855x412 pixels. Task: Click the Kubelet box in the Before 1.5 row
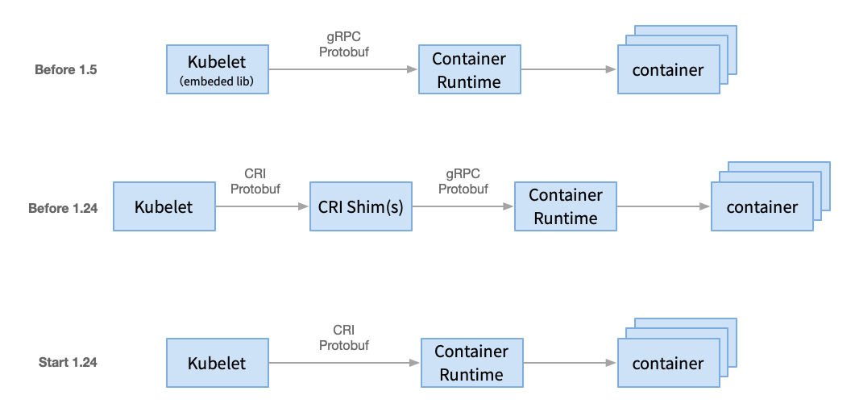pyautogui.click(x=217, y=69)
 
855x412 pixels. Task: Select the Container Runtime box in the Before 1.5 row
pyautogui.click(x=469, y=70)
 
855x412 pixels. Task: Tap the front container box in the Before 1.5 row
pyautogui.click(x=668, y=70)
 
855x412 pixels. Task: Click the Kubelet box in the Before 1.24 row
pyautogui.click(x=164, y=207)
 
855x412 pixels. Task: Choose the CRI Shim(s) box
pyautogui.click(x=360, y=207)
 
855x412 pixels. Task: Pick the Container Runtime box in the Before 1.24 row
pyautogui.click(x=565, y=207)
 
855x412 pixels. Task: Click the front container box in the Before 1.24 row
pyautogui.click(x=762, y=207)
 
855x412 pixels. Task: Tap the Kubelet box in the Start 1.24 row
pyautogui.click(x=217, y=363)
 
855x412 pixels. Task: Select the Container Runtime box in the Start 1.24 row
pyautogui.click(x=471, y=363)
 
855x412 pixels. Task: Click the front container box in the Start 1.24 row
pyautogui.click(x=668, y=363)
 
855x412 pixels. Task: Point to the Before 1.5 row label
pyautogui.click(x=65, y=70)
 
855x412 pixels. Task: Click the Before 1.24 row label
pyautogui.click(x=63, y=208)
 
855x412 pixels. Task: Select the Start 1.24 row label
pyautogui.click(x=68, y=363)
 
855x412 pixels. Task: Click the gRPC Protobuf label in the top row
pyautogui.click(x=343, y=45)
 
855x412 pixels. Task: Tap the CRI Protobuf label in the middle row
pyautogui.click(x=255, y=181)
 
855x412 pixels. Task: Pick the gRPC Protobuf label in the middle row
pyautogui.click(x=463, y=181)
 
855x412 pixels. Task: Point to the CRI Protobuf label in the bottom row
pyautogui.click(x=344, y=338)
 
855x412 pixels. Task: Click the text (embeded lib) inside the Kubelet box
pyautogui.click(x=217, y=81)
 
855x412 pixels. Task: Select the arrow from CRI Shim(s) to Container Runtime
pyautogui.click(x=463, y=207)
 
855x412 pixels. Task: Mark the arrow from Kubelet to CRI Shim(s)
pyautogui.click(x=262, y=207)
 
